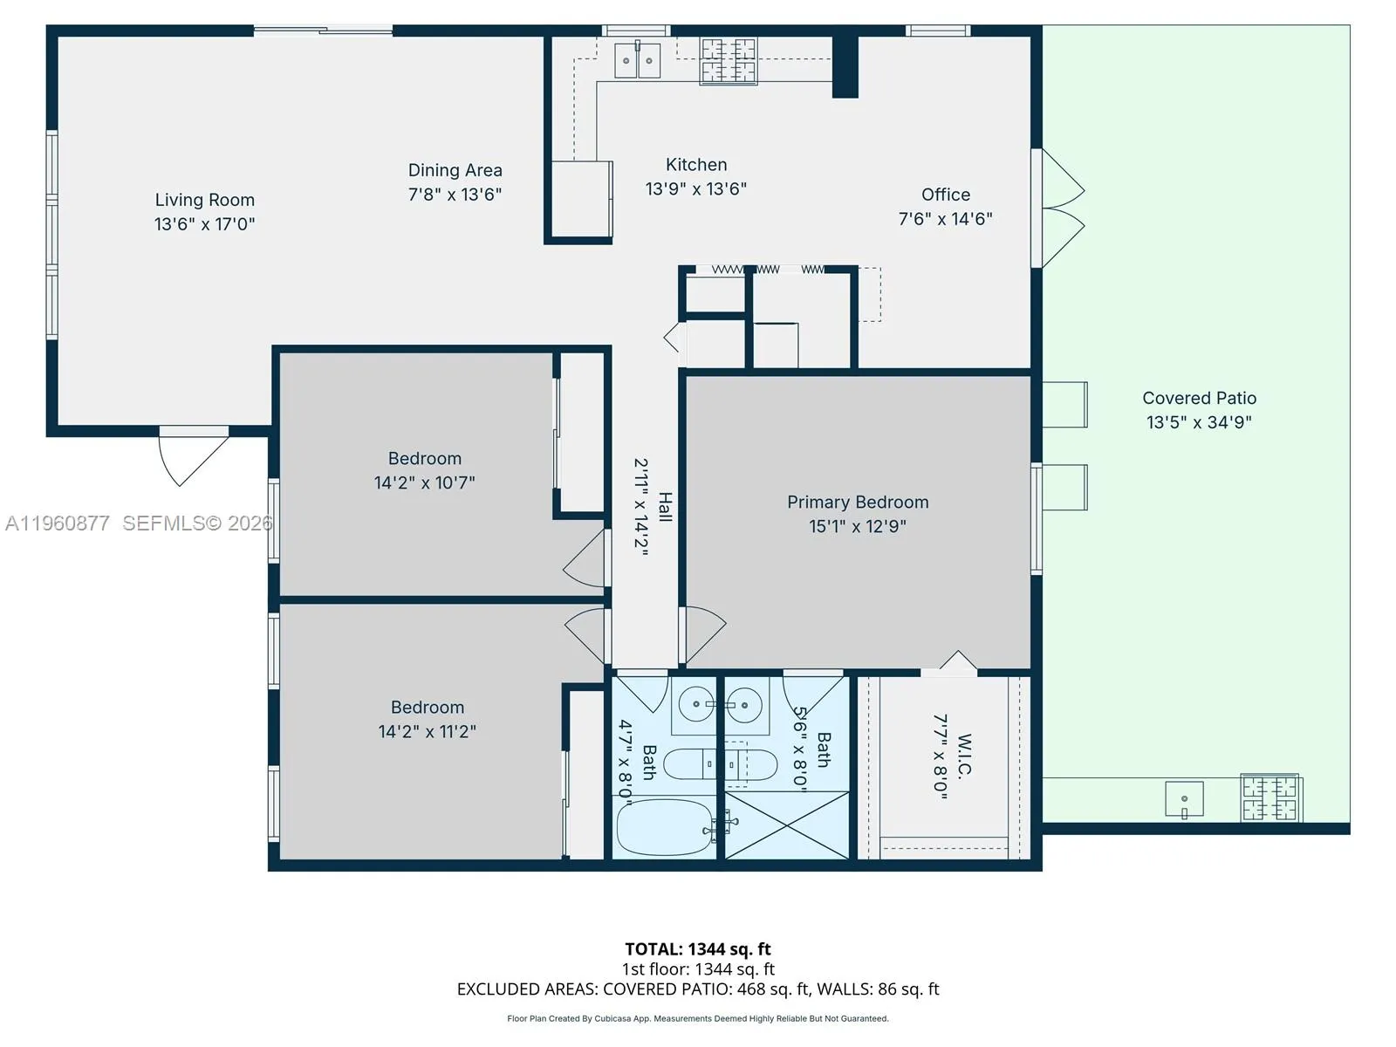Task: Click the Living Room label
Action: coord(205,200)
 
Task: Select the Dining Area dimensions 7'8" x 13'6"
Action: coord(455,195)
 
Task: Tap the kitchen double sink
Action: coord(638,61)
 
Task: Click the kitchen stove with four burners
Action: coord(729,61)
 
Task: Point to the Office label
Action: coord(946,195)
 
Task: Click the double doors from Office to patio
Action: coord(1061,209)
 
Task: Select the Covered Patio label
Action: coord(1199,398)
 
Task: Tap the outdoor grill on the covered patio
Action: coord(1270,797)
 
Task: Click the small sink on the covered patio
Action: coord(1184,799)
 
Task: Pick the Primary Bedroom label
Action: coord(858,502)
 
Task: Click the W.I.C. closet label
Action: coord(964,755)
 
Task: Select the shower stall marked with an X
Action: coord(787,825)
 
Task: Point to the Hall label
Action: coord(665,507)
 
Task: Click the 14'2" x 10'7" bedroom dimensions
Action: coord(424,482)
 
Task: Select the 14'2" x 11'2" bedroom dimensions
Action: coord(427,731)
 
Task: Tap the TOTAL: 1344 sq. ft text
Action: coord(698,948)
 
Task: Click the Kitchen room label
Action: coord(695,164)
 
